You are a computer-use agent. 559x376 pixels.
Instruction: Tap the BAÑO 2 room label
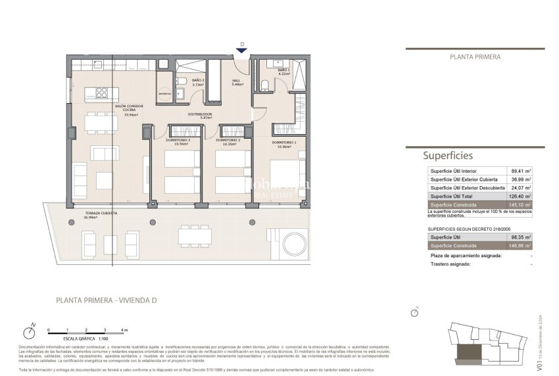tap(180, 83)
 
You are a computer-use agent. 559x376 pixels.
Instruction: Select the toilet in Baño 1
tap(263, 83)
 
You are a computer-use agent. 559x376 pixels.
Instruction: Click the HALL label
tap(235, 82)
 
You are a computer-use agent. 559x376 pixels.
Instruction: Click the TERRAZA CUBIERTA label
tap(101, 215)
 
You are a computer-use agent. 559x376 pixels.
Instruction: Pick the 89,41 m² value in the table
tap(520, 170)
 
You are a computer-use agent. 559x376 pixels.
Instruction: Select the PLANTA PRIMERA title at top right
tap(475, 57)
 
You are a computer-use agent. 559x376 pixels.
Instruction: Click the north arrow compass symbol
tap(28, 329)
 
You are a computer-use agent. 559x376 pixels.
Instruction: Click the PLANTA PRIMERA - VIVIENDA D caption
tap(106, 300)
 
